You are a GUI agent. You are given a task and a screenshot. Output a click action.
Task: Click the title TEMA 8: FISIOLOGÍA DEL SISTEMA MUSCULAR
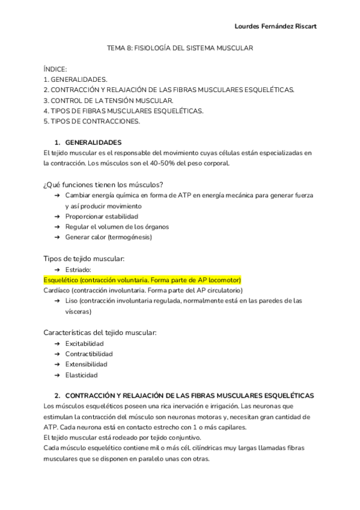point(180,48)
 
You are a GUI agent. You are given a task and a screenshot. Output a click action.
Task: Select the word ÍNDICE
point(55,69)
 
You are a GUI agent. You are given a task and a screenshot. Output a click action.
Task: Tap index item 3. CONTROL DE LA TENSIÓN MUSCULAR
point(109,100)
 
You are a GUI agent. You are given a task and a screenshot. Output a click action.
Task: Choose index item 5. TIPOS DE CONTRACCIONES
point(92,121)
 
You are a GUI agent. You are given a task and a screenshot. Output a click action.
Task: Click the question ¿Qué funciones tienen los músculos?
point(104,184)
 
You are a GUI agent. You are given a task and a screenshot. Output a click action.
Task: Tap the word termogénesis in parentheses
point(130,237)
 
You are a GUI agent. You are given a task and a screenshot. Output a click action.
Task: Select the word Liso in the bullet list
point(72,301)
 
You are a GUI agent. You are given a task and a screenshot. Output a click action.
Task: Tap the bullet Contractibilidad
point(89,354)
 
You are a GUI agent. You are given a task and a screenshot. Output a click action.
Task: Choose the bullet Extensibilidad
point(87,364)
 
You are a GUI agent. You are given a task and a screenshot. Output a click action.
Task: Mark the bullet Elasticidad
point(82,375)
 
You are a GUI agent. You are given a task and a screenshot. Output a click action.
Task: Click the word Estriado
point(78,269)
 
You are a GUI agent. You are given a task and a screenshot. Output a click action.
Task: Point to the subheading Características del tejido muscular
point(100,332)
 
